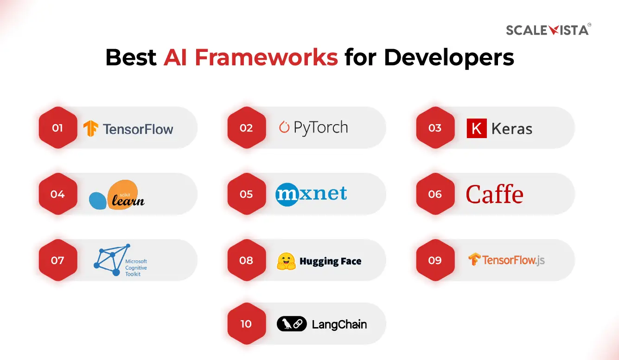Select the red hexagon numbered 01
pyautogui.click(x=57, y=128)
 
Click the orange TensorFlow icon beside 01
pyautogui.click(x=90, y=128)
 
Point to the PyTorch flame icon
pyautogui.click(x=284, y=127)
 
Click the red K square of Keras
pyautogui.click(x=477, y=128)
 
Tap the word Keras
pyautogui.click(x=511, y=129)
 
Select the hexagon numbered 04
pyautogui.click(x=57, y=194)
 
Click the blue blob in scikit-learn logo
pyautogui.click(x=98, y=201)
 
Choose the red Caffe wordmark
pyautogui.click(x=494, y=194)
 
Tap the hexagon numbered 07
pyautogui.click(x=57, y=260)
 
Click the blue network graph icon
pyautogui.click(x=111, y=260)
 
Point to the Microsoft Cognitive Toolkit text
pyautogui.click(x=136, y=268)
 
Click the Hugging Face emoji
pyautogui.click(x=286, y=261)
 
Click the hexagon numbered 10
pyautogui.click(x=246, y=324)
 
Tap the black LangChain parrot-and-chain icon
pyautogui.click(x=292, y=324)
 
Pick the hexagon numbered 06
pyautogui.click(x=435, y=194)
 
